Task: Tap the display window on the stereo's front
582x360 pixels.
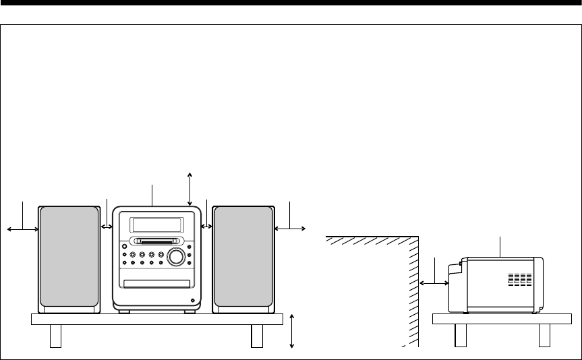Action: coord(156,224)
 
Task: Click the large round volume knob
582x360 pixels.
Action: coord(177,256)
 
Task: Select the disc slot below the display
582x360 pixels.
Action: coord(156,241)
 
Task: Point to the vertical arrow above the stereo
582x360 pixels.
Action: coord(191,188)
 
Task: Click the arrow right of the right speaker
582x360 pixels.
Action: coord(290,229)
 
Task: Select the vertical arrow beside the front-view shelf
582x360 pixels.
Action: coord(291,330)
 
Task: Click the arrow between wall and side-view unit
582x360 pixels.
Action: coord(435,284)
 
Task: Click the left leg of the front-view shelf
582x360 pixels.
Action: coord(56,336)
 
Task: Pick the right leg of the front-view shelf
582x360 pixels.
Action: coord(256,336)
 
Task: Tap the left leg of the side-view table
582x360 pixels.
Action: coord(461,335)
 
